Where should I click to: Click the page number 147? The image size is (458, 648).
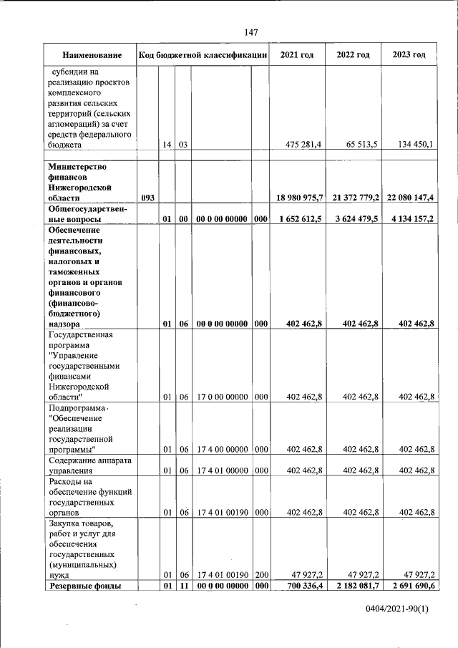(x=250, y=32)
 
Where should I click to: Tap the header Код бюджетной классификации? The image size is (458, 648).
(x=203, y=55)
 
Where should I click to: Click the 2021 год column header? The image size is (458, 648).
(x=297, y=55)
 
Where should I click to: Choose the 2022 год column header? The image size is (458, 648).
(x=354, y=55)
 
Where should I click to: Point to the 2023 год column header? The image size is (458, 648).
(x=409, y=55)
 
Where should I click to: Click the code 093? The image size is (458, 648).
(x=148, y=198)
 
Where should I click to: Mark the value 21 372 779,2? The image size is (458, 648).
(x=354, y=198)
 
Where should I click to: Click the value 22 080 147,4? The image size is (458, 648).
(x=409, y=198)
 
